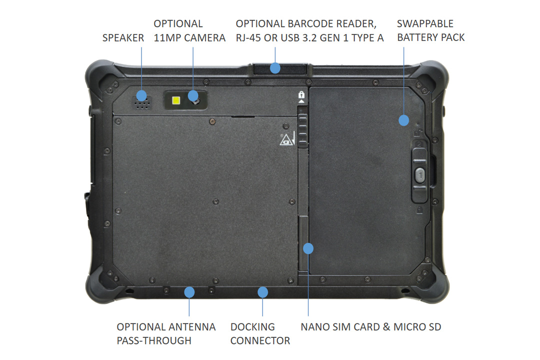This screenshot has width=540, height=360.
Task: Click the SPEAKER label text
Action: (123, 37)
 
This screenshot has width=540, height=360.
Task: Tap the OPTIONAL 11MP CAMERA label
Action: (189, 30)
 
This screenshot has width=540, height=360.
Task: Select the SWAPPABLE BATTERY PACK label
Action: (430, 30)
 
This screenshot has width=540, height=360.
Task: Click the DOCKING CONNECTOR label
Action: (260, 333)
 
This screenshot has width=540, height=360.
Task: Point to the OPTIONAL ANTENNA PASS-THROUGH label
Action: (166, 333)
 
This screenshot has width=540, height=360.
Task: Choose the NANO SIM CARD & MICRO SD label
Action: (370, 327)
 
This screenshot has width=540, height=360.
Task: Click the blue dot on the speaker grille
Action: (141, 95)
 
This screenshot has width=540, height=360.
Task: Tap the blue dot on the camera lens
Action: (193, 95)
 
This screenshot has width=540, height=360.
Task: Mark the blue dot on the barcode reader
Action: (274, 68)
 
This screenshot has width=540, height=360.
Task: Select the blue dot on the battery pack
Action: (403, 120)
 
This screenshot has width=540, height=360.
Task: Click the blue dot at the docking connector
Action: (262, 291)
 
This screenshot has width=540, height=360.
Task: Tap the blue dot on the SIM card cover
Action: (308, 247)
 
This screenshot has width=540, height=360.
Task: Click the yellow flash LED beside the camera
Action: (176, 100)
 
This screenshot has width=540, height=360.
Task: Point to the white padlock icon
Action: (301, 94)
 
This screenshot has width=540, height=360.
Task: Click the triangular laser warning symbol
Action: (285, 139)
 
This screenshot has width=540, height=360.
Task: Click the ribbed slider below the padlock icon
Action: (302, 130)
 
